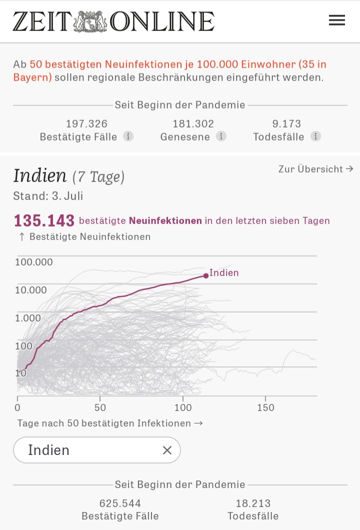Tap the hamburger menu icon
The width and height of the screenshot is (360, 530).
pos(336,20)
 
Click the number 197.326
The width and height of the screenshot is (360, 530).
pos(86,123)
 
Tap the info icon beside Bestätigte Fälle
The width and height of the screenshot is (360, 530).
pos(128,136)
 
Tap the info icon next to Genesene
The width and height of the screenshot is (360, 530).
pos(221,136)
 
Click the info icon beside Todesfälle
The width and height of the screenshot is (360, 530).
pos(315,136)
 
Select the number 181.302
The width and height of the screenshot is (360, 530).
pos(193,123)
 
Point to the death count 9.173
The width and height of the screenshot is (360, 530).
pos(287,123)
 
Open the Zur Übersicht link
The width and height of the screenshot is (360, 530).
pos(315,169)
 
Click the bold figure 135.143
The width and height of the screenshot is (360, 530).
pos(44,220)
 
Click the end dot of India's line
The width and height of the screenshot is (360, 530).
pos(205,275)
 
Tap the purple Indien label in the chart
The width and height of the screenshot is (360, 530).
pos(224,273)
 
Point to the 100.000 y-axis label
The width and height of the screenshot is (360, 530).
pos(34,262)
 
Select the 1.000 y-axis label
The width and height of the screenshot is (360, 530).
pos(28,318)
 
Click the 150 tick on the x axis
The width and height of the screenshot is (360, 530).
pos(265,407)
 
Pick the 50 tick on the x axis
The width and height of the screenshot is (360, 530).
pos(100,407)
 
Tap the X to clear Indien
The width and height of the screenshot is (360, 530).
pos(167,450)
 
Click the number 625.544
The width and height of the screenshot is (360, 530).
pos(120,503)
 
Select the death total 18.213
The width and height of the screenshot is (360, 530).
pos(253,503)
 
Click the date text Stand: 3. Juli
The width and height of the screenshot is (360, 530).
pos(48,196)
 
